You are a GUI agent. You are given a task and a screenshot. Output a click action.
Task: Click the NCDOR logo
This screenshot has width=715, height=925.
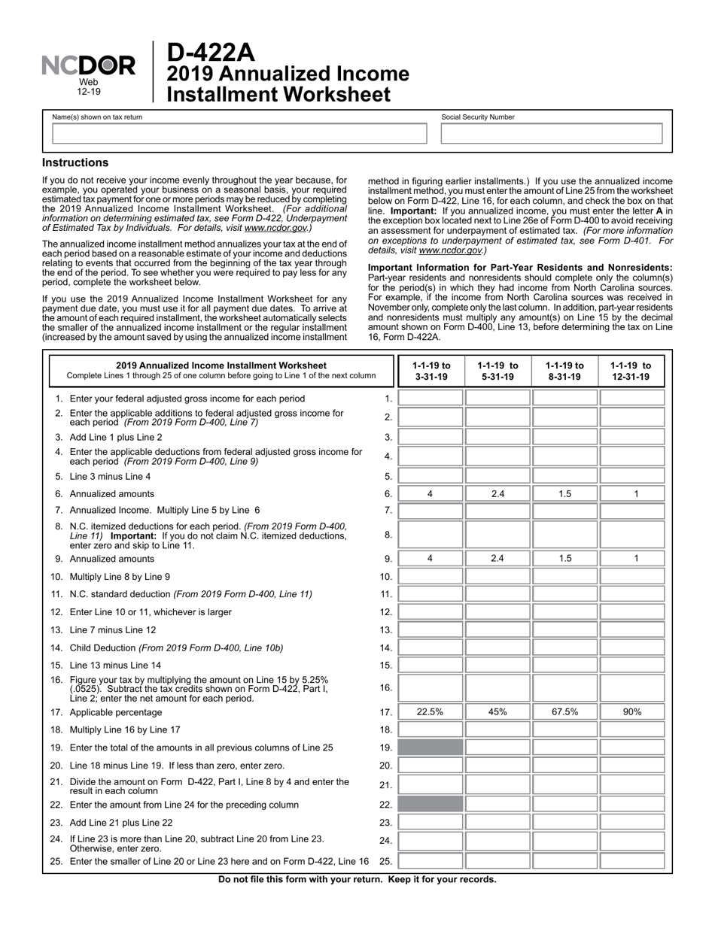pyautogui.click(x=88, y=66)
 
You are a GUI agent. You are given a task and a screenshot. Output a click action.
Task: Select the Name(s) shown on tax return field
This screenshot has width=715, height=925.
pyautogui.click(x=239, y=134)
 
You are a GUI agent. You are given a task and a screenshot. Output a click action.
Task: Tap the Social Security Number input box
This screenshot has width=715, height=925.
pyautogui.click(x=551, y=134)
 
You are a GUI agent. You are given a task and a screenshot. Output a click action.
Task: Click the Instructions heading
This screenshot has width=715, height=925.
pyautogui.click(x=75, y=162)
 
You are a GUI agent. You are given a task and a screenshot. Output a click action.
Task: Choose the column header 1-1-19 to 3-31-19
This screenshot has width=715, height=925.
pyautogui.click(x=431, y=371)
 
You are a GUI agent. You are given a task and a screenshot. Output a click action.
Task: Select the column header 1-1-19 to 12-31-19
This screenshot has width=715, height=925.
pyautogui.click(x=631, y=371)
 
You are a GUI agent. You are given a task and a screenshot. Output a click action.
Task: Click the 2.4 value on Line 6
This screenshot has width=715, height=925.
pyautogui.click(x=497, y=494)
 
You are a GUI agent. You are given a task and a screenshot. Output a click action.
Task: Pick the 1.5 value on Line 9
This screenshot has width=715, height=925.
pyautogui.click(x=564, y=559)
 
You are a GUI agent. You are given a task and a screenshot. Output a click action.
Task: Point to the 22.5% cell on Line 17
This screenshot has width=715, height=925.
pyautogui.click(x=431, y=711)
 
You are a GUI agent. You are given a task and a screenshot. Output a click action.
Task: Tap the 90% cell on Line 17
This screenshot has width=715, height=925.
pyautogui.click(x=631, y=711)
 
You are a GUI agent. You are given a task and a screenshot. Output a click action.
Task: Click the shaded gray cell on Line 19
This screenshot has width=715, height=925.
pyautogui.click(x=431, y=748)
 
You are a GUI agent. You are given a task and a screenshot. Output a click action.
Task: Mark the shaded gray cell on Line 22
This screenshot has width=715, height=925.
pyautogui.click(x=431, y=805)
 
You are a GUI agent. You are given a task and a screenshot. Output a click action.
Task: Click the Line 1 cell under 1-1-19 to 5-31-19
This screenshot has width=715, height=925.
pyautogui.click(x=497, y=399)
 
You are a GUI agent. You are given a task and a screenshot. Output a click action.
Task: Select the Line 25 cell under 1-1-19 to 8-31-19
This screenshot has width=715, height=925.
pyautogui.click(x=564, y=861)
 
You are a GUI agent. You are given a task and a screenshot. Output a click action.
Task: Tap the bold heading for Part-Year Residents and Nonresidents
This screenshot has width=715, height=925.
pyautogui.click(x=519, y=268)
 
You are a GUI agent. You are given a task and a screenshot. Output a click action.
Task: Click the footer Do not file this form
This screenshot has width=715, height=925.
pyautogui.click(x=357, y=879)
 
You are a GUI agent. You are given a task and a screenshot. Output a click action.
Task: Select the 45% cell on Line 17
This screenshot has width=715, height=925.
pyautogui.click(x=497, y=711)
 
